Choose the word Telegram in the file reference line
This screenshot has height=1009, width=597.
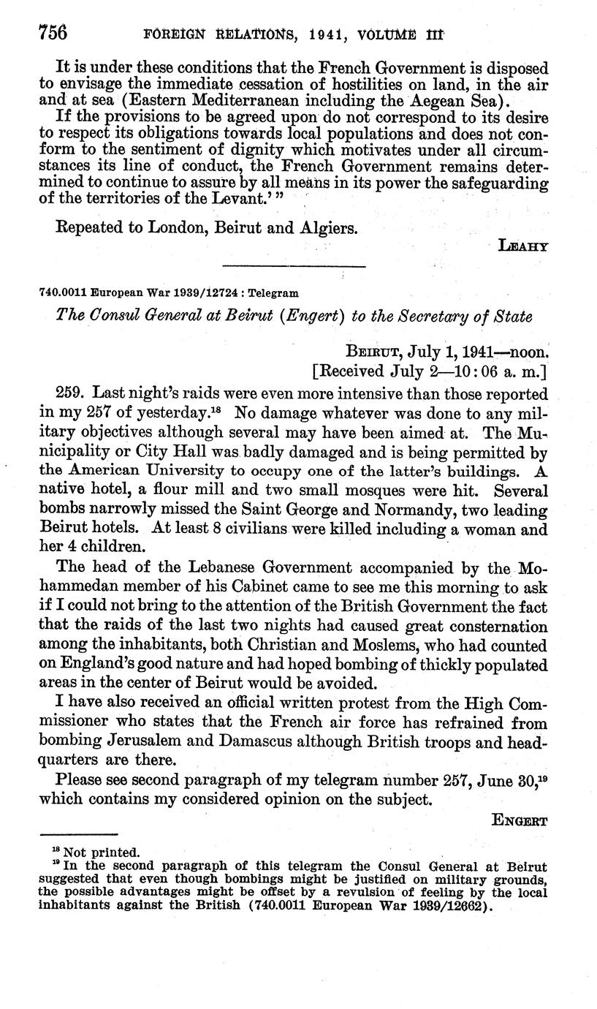point(273,293)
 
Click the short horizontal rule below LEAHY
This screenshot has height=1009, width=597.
point(293,266)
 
